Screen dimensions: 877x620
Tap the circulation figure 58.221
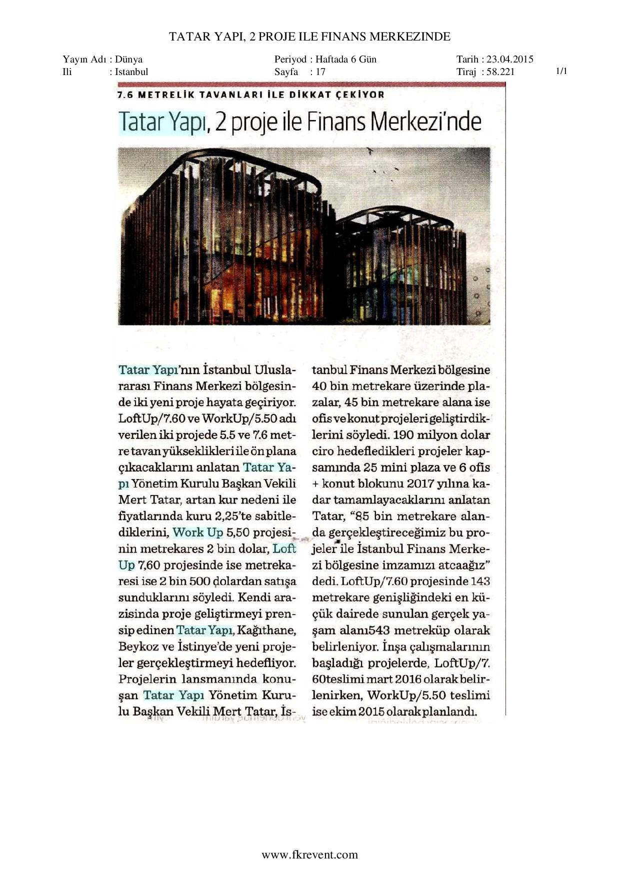point(500,71)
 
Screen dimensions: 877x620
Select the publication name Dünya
point(128,59)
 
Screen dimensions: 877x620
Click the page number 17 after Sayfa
point(320,71)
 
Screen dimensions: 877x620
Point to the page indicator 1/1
point(561,71)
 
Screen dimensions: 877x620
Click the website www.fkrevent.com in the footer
point(310,854)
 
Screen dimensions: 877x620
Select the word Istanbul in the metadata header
point(131,71)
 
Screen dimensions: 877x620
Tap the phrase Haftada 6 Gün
point(346,59)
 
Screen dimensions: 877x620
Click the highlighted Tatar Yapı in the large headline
point(161,122)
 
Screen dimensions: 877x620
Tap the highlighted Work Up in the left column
point(198,532)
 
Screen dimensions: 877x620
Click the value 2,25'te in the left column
point(232,516)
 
